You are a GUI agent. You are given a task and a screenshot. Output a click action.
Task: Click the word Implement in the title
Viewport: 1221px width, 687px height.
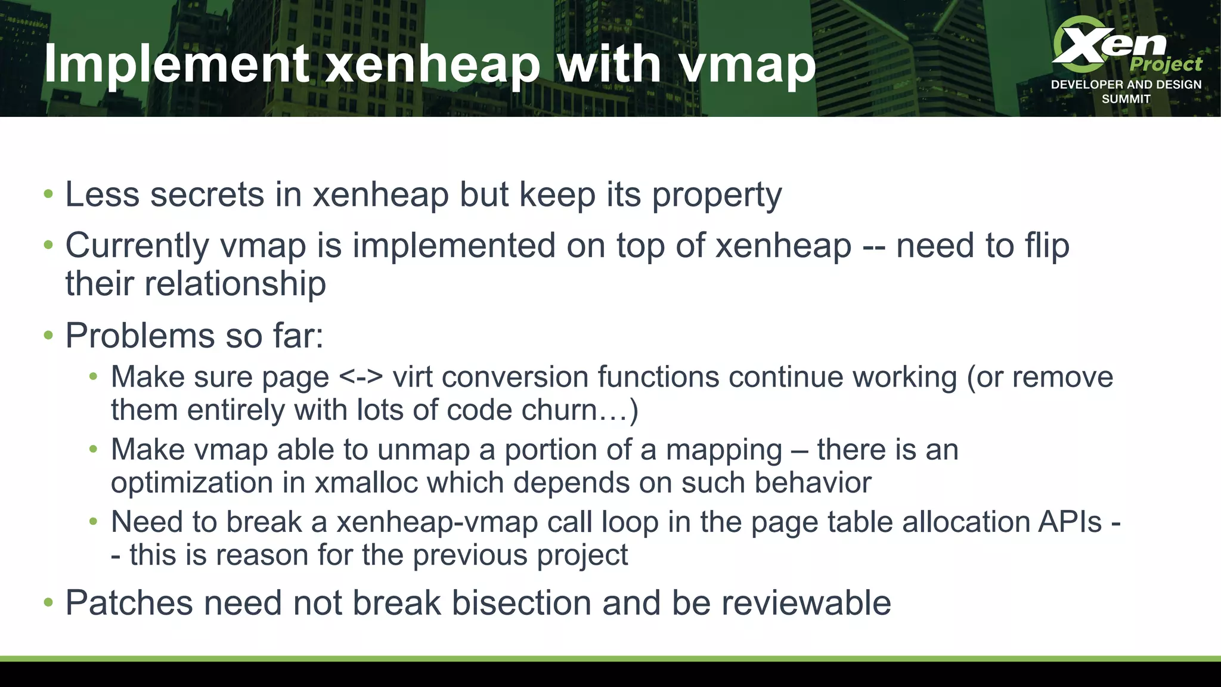(x=176, y=64)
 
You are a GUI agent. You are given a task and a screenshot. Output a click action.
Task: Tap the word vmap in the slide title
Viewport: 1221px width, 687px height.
(x=748, y=64)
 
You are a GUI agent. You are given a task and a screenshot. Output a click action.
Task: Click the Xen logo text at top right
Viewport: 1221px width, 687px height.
(x=1109, y=43)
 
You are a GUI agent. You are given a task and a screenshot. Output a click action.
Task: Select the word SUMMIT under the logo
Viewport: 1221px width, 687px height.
(x=1126, y=99)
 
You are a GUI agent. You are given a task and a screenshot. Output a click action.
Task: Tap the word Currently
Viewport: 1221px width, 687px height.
(x=137, y=246)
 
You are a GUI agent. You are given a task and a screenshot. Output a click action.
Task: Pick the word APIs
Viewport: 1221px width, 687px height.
(x=1070, y=522)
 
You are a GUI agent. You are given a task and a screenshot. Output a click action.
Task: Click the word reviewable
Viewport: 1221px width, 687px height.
(x=806, y=603)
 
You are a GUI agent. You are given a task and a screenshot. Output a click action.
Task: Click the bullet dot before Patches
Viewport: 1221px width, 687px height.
(x=48, y=603)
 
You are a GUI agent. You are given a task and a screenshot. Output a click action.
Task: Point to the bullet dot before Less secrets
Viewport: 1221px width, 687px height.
(x=48, y=195)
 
